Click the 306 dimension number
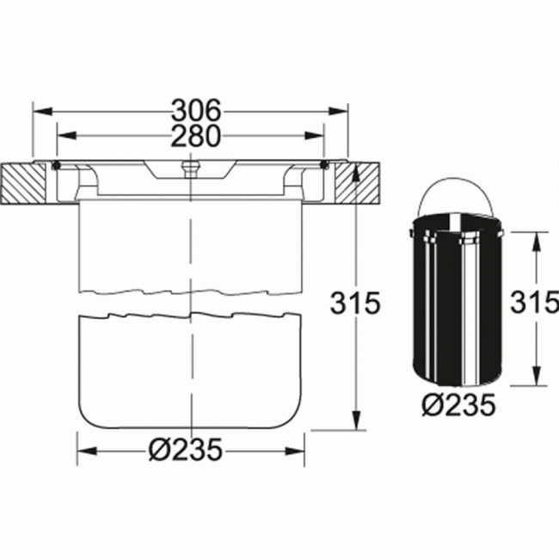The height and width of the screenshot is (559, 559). (196, 110)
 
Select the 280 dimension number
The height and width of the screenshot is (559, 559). (195, 136)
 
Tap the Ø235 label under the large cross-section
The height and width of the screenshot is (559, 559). (186, 450)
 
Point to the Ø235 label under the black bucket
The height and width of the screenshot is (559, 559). (459, 405)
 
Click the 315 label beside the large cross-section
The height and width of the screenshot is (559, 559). (355, 303)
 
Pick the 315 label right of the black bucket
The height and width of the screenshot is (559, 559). (534, 303)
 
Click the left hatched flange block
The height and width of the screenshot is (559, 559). (23, 183)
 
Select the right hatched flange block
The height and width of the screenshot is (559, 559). (357, 183)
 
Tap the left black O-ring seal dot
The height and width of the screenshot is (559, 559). (56, 165)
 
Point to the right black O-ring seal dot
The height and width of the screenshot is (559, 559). (323, 165)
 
